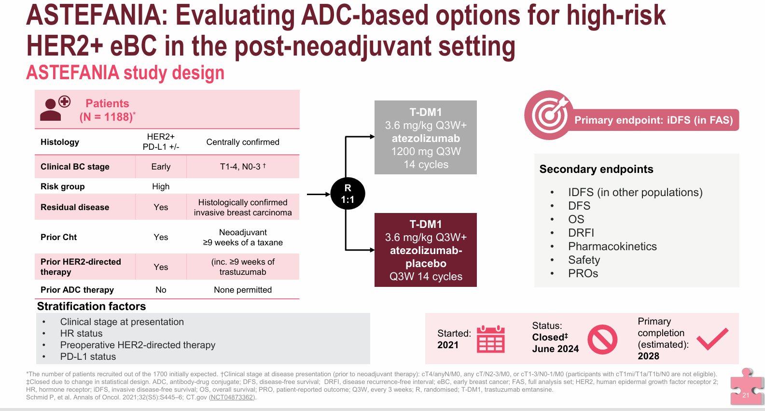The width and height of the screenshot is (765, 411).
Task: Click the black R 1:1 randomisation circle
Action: pyautogui.click(x=348, y=194)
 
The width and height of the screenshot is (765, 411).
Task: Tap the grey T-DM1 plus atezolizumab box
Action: pyautogui.click(x=426, y=137)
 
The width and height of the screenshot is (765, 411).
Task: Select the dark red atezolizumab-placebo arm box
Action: pyautogui.click(x=426, y=250)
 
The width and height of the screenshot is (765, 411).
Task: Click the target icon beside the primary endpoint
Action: pyautogui.click(x=548, y=115)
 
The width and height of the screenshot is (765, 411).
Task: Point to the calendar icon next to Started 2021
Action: pyautogui.click(x=491, y=339)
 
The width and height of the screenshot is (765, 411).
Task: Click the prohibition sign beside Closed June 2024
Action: pyautogui.click(x=602, y=339)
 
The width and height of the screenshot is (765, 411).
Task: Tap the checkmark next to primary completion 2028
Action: pyautogui.click(x=712, y=339)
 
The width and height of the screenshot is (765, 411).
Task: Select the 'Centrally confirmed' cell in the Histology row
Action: pyautogui.click(x=243, y=142)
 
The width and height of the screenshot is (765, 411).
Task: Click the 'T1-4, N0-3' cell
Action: pyautogui.click(x=243, y=167)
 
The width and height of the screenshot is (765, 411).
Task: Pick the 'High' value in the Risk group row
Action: pyautogui.click(x=161, y=186)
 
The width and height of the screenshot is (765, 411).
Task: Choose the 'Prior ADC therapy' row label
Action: pyautogui.click(x=77, y=290)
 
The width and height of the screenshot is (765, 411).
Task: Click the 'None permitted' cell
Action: pyautogui.click(x=243, y=290)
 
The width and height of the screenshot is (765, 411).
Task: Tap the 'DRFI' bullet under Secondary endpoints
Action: pyautogui.click(x=581, y=233)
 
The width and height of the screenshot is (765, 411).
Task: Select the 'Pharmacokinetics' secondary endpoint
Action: pyautogui.click(x=612, y=246)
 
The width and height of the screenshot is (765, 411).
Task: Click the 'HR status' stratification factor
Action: pyautogui.click(x=81, y=333)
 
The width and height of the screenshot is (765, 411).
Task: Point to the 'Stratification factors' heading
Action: pyautogui.click(x=92, y=307)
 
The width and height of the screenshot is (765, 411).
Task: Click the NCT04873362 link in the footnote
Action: pyautogui.click(x=232, y=397)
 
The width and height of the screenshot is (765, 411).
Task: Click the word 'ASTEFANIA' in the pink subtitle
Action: pyautogui.click(x=72, y=72)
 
